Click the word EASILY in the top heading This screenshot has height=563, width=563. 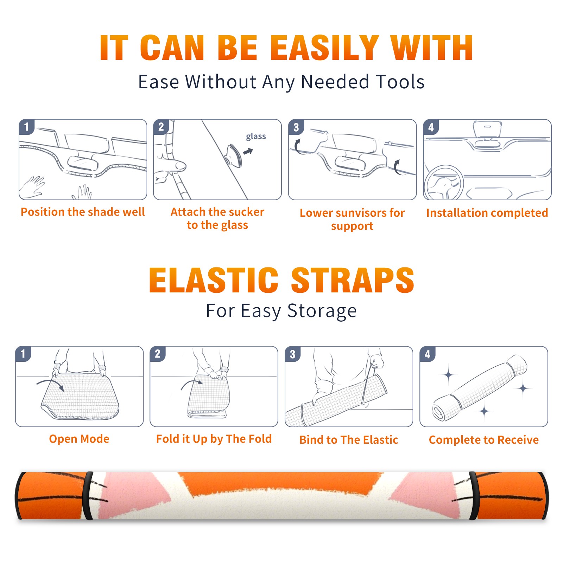point(325,48)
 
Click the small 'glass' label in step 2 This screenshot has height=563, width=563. point(256,137)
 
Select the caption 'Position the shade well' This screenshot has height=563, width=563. point(83,212)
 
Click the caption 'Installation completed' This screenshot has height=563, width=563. point(487,213)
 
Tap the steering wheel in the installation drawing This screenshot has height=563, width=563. point(444,183)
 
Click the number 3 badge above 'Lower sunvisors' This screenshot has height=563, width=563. point(296,127)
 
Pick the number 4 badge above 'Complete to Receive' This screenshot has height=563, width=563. point(428,354)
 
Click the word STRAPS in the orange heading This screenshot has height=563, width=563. point(353,280)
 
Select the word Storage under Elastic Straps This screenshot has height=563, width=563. point(322,311)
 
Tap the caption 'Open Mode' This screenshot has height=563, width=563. point(79,439)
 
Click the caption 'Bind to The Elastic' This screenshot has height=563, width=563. point(349,440)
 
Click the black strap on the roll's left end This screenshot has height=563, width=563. point(88,495)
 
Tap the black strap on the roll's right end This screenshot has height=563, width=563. point(474,495)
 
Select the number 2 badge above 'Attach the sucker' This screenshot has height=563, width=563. point(161,127)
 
